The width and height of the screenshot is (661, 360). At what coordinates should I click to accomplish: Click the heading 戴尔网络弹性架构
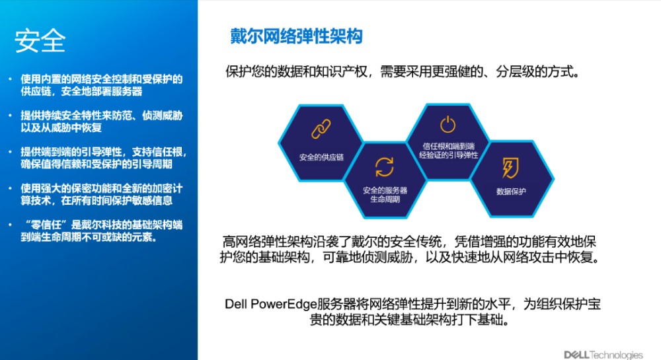(296, 36)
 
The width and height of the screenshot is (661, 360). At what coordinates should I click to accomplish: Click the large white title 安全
(40, 41)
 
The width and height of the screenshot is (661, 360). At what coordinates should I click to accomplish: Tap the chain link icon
(321, 129)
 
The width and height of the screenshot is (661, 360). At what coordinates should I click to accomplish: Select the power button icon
(447, 124)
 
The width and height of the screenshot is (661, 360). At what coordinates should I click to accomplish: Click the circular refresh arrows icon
(385, 166)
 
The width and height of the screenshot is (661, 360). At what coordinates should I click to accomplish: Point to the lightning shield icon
(510, 168)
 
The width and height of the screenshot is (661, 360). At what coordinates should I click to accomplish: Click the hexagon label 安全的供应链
(321, 157)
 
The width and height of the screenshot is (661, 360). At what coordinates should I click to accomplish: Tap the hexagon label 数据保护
(511, 192)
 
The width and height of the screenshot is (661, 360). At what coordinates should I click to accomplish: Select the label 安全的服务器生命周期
(385, 194)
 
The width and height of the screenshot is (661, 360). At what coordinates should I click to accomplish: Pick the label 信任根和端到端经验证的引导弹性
(449, 151)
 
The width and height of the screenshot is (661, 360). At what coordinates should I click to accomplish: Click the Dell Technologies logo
(603, 355)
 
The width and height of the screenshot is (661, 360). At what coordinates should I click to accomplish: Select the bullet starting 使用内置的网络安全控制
(102, 85)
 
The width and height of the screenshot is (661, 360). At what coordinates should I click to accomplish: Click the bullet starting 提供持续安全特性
(102, 122)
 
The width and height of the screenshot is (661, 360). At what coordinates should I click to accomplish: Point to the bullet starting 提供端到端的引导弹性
(104, 158)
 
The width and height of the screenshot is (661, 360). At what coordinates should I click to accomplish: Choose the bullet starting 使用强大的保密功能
(102, 194)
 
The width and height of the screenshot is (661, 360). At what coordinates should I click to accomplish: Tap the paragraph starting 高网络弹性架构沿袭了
(409, 250)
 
